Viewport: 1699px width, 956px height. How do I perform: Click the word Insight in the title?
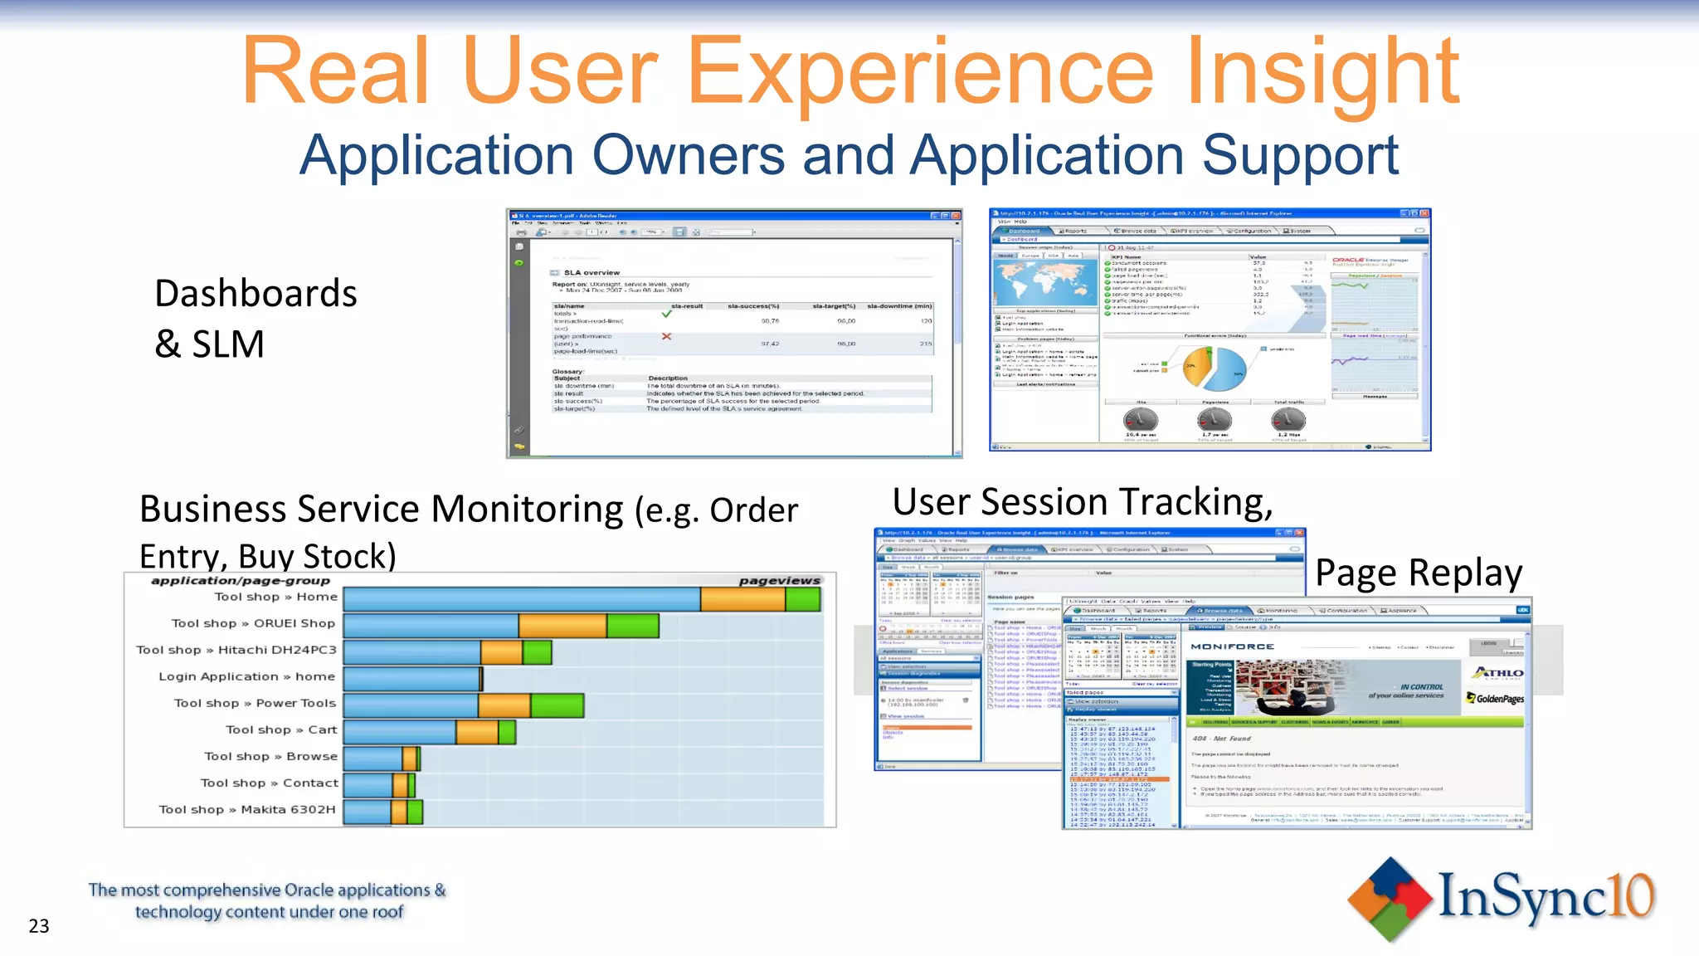coord(1322,73)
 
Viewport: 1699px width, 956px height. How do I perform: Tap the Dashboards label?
coord(256,294)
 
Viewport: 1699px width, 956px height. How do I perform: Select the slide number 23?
coord(39,926)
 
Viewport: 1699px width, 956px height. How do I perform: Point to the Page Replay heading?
coord(1419,573)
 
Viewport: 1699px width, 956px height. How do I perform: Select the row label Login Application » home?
coord(246,677)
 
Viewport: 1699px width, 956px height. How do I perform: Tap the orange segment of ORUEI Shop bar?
coord(562,625)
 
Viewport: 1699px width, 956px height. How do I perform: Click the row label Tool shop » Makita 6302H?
coord(246,810)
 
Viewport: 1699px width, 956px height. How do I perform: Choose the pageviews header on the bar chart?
coord(779,581)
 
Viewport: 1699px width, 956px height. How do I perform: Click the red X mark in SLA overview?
coord(666,337)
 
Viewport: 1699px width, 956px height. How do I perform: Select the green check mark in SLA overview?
coord(666,315)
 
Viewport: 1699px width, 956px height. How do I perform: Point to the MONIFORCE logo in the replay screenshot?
coord(1232,646)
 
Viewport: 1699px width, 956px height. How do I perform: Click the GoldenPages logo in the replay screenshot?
coord(1495,699)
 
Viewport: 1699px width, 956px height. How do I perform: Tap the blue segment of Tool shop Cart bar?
coord(399,731)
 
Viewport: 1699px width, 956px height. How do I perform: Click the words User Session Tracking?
coord(1082,503)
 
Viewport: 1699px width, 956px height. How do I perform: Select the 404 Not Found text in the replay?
coord(1221,739)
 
